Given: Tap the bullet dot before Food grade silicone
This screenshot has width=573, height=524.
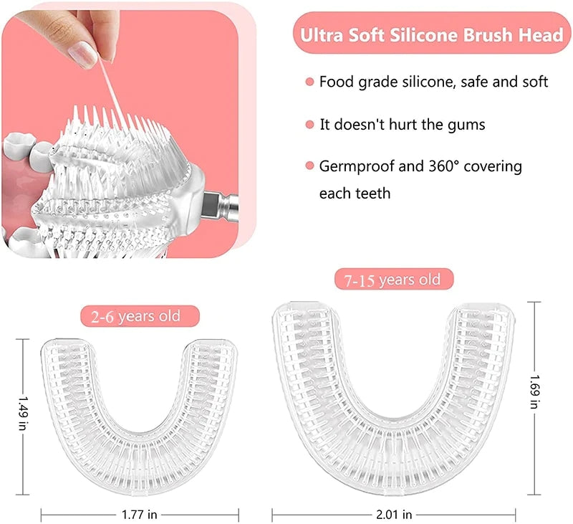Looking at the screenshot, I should pos(309,82).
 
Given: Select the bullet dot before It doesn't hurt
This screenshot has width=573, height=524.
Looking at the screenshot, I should pos(309,125).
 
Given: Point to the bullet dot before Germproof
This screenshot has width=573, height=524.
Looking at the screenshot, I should pos(309,167).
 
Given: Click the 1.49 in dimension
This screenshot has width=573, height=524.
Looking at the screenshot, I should pos(24,416).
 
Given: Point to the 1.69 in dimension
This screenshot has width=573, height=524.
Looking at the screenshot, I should pos(534,399).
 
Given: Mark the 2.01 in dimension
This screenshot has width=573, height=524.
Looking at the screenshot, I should pos(394,513).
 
